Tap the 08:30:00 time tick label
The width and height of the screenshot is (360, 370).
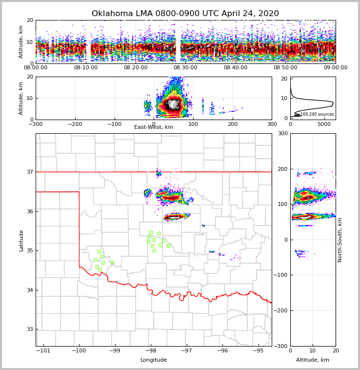185,68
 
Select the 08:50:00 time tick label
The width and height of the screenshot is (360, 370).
285,68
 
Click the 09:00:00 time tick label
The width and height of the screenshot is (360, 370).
336,68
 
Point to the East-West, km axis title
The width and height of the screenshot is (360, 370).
154,127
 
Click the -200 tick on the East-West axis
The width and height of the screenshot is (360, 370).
75,124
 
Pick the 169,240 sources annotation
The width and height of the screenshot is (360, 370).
317,114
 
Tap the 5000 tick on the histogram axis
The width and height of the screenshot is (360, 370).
324,124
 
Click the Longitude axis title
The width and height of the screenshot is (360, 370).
154,360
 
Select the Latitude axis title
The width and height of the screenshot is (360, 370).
21,240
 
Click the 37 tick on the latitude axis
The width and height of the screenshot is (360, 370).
30,172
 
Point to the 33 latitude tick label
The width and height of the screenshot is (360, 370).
30,329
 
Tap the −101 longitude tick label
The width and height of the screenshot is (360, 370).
43,350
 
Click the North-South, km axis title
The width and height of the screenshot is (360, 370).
340,240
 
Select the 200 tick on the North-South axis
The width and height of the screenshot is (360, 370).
282,169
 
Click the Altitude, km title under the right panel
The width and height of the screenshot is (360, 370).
313,360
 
